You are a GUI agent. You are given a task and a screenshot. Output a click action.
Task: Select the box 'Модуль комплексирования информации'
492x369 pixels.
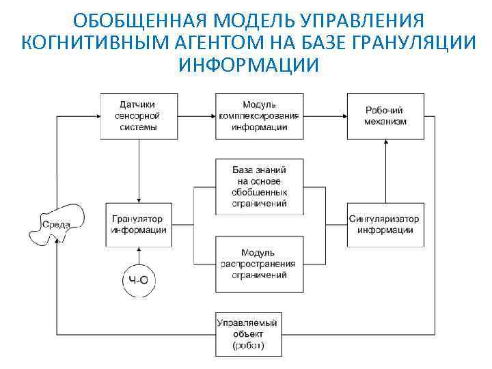pyautogui.click(x=259, y=115)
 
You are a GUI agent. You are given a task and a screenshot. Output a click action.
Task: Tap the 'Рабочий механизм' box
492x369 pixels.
pyautogui.click(x=385, y=115)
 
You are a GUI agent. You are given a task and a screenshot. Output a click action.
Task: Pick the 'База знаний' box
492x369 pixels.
pyautogui.click(x=259, y=187)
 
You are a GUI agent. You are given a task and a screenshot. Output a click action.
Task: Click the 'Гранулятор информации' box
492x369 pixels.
pyautogui.click(x=139, y=224)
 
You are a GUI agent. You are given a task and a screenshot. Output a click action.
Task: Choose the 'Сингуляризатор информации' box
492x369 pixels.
pyautogui.click(x=385, y=224)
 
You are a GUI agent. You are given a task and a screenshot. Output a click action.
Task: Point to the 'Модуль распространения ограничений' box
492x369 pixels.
pyautogui.click(x=259, y=264)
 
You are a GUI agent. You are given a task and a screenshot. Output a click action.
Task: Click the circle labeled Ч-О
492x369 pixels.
pyautogui.click(x=138, y=279)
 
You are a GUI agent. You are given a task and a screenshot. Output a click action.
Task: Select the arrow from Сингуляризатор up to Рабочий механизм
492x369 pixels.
pyautogui.click(x=386, y=171)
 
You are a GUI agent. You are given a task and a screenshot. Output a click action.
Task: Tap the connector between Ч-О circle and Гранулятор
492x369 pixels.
pyautogui.click(x=139, y=254)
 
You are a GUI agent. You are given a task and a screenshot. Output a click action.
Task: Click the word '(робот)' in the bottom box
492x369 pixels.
pyautogui.click(x=248, y=346)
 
